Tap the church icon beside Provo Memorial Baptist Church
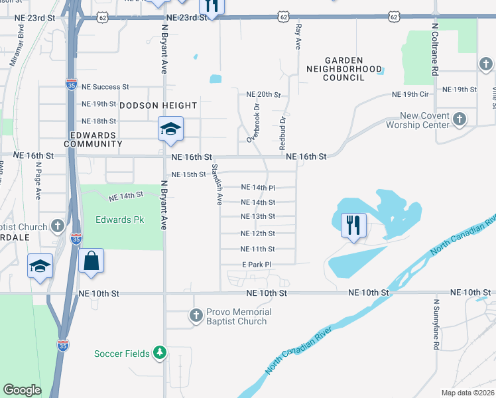point(196,316)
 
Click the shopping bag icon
point(91,260)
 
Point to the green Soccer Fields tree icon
point(159,352)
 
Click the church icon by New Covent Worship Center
point(459,119)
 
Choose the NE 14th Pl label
point(257,188)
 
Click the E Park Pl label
point(257,265)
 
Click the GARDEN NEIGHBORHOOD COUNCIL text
point(343,68)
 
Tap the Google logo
point(22,390)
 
